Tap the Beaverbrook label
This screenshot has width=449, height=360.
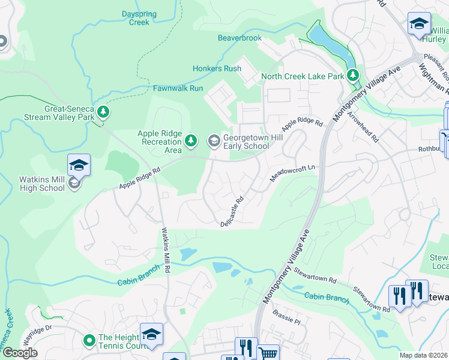tap(240, 38)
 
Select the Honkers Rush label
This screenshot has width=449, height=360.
tap(217, 68)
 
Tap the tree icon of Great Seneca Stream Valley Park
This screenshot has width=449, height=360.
tap(104, 112)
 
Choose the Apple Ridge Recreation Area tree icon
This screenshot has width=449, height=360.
tap(191, 141)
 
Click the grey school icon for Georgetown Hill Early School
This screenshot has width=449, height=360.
tap(214, 141)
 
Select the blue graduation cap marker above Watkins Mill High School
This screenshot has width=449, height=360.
tap(79, 164)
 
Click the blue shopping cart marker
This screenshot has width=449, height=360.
tap(268, 353)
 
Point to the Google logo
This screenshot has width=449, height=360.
tap(20, 353)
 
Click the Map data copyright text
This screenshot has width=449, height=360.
tap(423, 355)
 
